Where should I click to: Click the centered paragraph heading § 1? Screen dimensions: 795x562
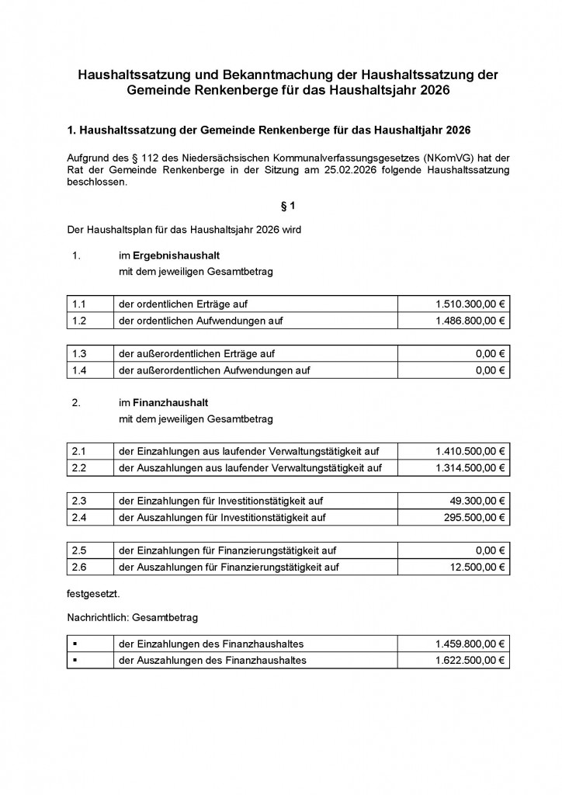pyautogui.click(x=288, y=206)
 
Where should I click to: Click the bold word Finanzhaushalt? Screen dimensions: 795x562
pyautogui.click(x=170, y=403)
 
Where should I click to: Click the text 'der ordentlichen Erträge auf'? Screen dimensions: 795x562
pyautogui.click(x=183, y=304)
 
